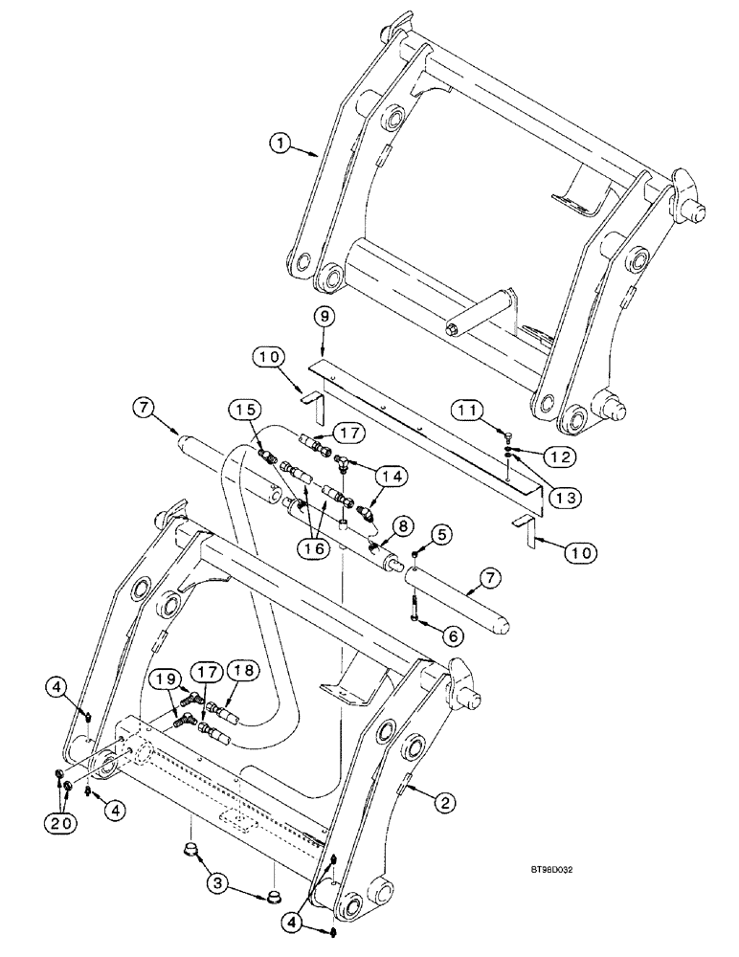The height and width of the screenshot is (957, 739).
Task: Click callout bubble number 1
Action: [279, 145]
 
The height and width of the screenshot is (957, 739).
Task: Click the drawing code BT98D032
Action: [560, 872]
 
